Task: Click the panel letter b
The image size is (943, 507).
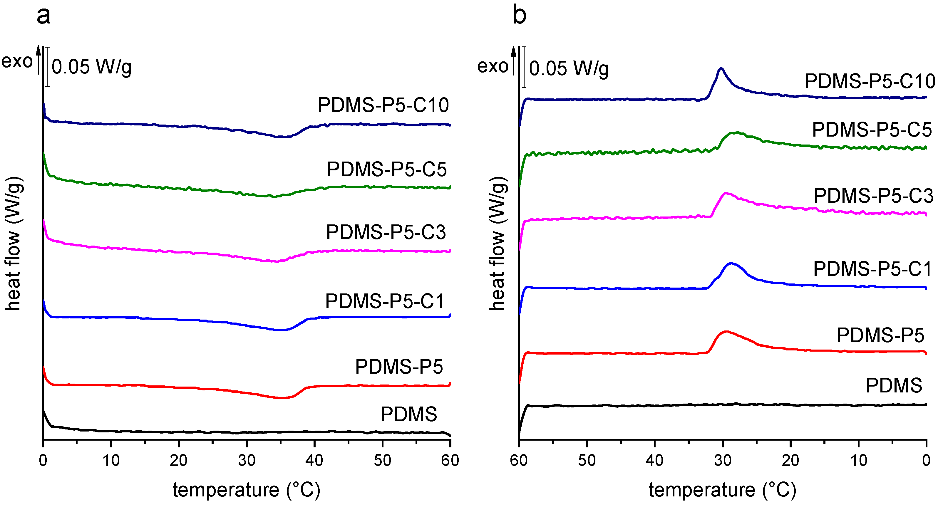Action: point(520,15)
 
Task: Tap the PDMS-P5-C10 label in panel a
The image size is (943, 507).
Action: point(383,105)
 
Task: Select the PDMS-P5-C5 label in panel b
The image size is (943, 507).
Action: point(872,130)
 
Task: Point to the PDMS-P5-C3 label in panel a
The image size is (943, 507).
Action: point(386,232)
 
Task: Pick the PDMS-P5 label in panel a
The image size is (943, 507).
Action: point(399,367)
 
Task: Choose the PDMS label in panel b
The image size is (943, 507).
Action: point(894,386)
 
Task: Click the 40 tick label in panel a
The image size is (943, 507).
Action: point(314,461)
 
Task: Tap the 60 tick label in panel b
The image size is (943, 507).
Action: point(519,461)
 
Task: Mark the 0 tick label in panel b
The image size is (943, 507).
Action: point(926,461)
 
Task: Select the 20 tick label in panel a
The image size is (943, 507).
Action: point(179,461)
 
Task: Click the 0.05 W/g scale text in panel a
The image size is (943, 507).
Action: point(91,67)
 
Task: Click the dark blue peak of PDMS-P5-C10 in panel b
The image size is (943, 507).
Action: point(721,69)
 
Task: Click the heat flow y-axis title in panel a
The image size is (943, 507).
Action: point(14,243)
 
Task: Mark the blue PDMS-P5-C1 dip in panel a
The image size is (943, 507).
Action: point(280,330)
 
